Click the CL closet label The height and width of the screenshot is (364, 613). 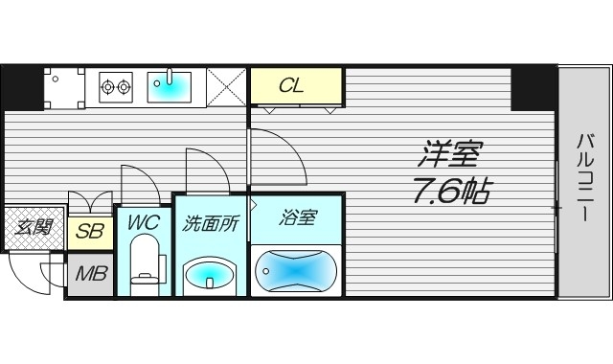pos(291,85)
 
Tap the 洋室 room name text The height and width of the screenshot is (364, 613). pos(454,154)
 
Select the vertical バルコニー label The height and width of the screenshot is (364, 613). pos(582,179)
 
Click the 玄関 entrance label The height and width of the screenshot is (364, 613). pos(33,228)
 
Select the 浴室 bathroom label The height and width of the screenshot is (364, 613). pos(297,217)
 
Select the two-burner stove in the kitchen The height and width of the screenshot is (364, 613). pos(116,87)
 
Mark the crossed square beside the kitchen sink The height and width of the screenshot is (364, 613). pos(227,87)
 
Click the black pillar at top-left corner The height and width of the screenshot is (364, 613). pos(22,87)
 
